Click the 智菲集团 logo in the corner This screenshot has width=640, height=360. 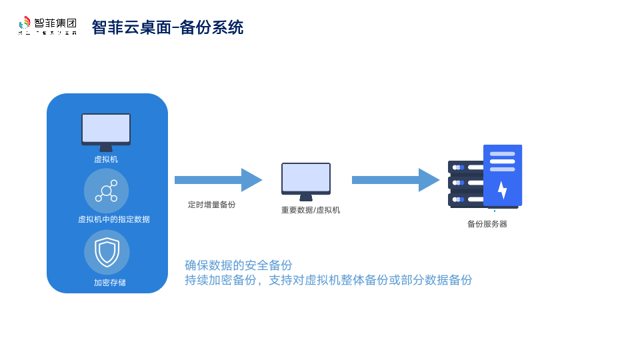[x=47, y=25]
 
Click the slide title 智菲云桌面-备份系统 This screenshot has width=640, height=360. [x=167, y=27]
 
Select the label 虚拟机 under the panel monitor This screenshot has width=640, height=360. [x=106, y=159]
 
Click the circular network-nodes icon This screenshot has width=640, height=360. [x=106, y=191]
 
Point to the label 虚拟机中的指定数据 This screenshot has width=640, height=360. [x=114, y=219]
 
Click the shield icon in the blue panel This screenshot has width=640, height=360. [x=107, y=252]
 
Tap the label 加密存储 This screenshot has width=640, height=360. [x=110, y=283]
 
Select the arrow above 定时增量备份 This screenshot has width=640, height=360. [x=218, y=180]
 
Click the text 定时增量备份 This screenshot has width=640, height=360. [x=211, y=205]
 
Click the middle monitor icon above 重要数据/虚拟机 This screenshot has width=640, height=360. [x=306, y=178]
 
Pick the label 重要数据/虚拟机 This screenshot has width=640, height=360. [x=311, y=210]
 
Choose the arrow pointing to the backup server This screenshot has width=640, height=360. [x=395, y=180]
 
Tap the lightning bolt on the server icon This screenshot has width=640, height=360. [x=502, y=190]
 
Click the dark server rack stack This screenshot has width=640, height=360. [x=465, y=183]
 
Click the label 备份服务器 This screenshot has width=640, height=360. [x=487, y=224]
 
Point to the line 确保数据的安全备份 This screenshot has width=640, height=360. [x=239, y=265]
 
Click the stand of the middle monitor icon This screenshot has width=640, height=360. [x=306, y=197]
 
